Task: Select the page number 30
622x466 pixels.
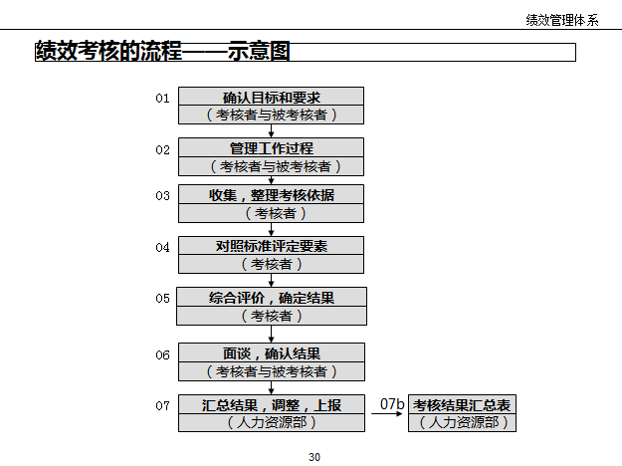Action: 314,457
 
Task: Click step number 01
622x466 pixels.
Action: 162,98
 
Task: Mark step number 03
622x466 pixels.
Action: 162,195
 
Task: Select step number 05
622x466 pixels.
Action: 162,298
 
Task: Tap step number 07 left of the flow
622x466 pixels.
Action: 162,405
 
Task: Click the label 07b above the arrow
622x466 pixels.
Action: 392,404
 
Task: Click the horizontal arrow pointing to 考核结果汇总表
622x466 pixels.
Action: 389,415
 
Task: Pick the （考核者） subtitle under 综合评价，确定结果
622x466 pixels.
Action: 271,316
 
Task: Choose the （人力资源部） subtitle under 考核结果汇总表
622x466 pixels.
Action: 463,423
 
